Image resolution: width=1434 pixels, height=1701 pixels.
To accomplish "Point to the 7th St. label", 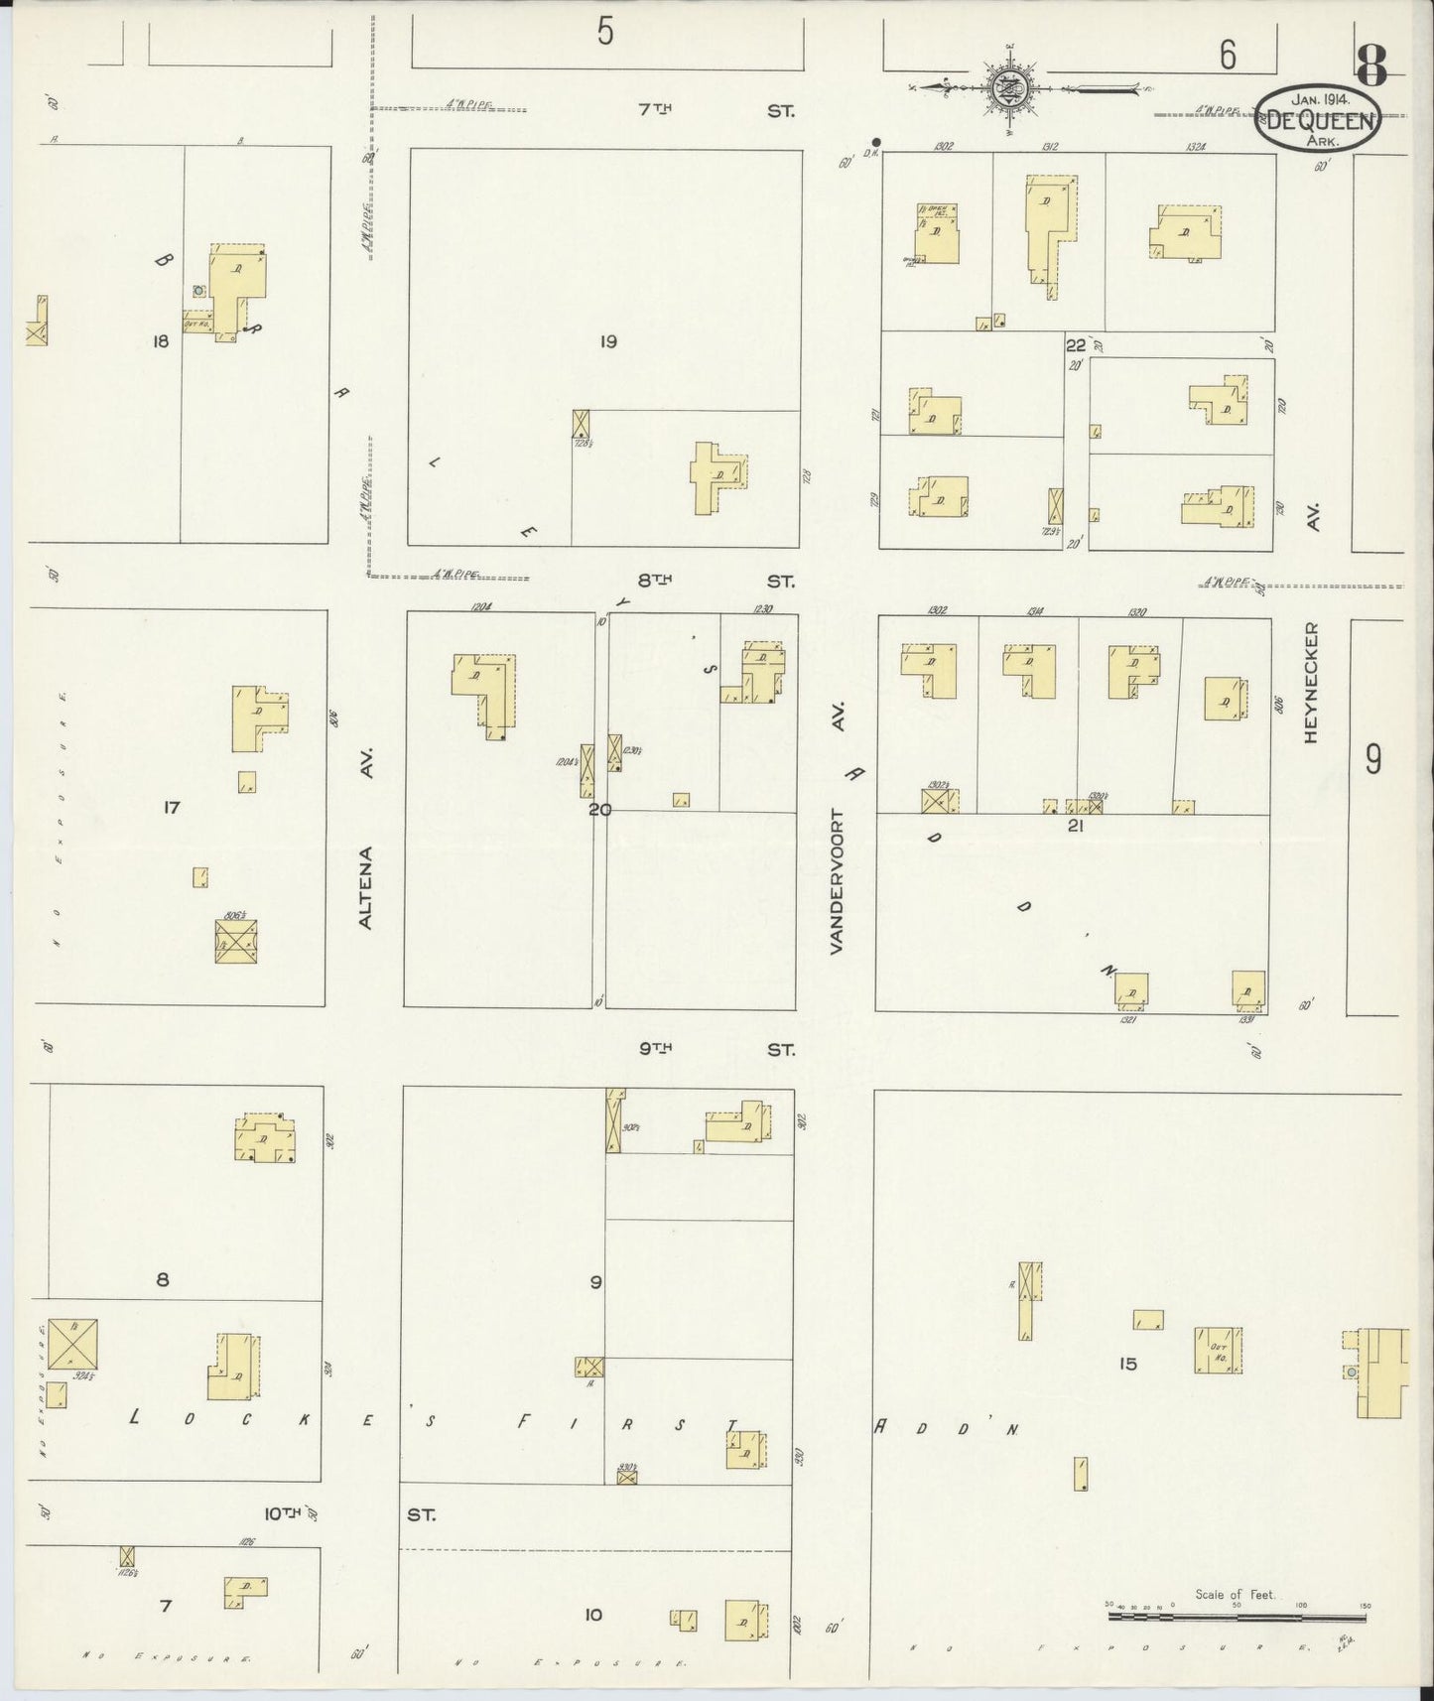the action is click(716, 111).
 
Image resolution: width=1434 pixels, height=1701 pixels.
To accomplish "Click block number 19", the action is click(608, 341).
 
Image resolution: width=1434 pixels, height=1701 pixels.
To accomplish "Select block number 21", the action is click(1073, 826).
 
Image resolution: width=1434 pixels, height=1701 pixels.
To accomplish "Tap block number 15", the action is click(1126, 1364).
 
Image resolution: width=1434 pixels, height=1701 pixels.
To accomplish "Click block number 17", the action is click(172, 808).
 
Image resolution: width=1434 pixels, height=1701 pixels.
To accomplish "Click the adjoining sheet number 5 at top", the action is click(605, 33).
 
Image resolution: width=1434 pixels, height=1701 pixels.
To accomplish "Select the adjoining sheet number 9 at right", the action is click(1372, 760).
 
